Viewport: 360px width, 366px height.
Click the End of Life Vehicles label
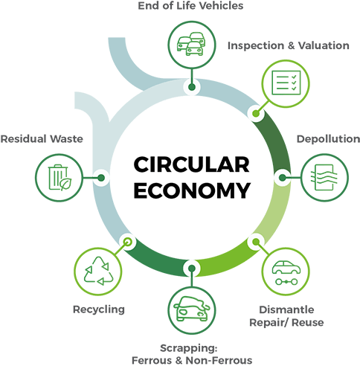click(190, 6)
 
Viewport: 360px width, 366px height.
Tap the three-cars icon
click(191, 44)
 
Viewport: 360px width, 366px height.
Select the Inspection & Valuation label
click(289, 45)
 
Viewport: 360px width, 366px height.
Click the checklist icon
click(286, 83)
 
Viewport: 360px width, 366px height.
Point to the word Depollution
click(328, 139)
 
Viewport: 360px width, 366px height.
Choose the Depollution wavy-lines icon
click(324, 177)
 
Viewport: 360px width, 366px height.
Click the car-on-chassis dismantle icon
click(286, 272)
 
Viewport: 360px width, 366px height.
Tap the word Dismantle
click(286, 309)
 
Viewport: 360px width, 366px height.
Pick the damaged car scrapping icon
click(191, 309)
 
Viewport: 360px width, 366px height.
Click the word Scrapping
click(189, 348)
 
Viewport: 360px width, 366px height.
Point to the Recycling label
click(99, 309)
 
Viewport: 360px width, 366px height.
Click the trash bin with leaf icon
click(60, 178)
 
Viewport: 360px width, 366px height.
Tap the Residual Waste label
click(42, 139)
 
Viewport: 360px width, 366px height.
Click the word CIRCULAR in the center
click(192, 164)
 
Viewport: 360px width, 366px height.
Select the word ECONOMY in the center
click(192, 190)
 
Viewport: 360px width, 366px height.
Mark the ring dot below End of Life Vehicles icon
click(191, 87)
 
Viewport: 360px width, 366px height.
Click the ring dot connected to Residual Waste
click(101, 178)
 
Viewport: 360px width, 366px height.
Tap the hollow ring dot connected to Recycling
click(127, 242)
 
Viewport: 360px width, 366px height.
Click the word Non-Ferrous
click(219, 360)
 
